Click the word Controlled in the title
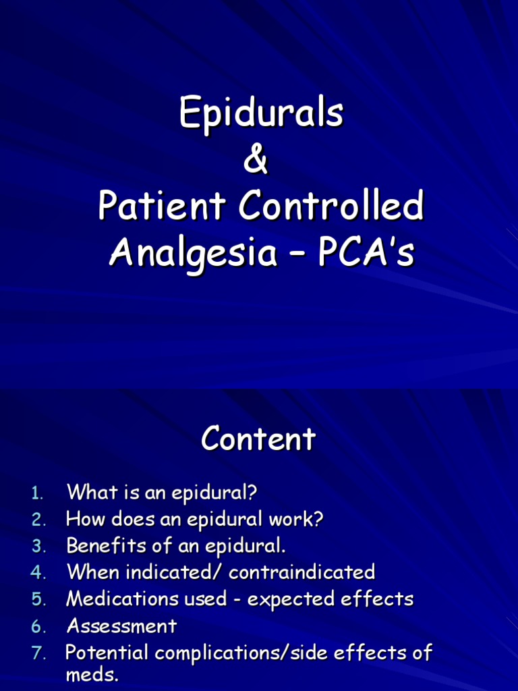tap(330, 207)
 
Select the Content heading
tap(258, 440)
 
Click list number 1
tap(37, 493)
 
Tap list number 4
tap(37, 573)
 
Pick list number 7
tap(37, 653)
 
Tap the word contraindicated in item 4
tap(301, 572)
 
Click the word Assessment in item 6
tap(121, 626)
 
